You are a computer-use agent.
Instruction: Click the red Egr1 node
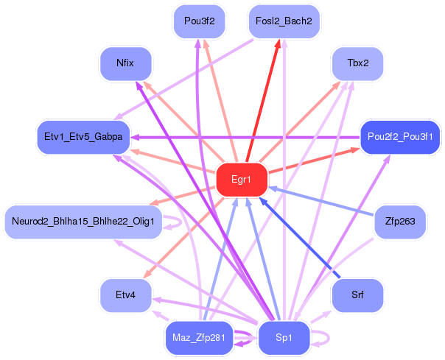[241, 180]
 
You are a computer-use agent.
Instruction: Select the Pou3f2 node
[199, 21]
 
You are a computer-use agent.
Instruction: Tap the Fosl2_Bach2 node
[284, 21]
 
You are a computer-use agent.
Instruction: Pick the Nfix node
[125, 63]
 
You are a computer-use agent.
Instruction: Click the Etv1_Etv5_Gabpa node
[83, 137]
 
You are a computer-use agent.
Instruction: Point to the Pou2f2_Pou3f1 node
[400, 137]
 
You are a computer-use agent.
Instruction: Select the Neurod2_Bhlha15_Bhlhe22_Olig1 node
[83, 222]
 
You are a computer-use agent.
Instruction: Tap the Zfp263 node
[400, 222]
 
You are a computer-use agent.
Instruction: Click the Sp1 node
[284, 338]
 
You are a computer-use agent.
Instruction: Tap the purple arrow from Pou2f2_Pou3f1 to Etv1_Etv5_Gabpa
[243, 137]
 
